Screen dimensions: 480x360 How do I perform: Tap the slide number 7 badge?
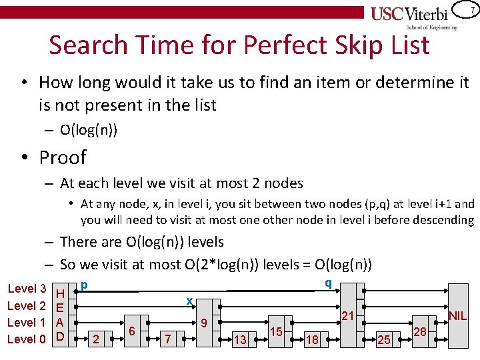pos(471,11)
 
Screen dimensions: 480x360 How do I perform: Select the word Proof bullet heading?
pos(63,157)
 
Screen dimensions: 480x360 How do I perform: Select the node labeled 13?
pos(240,339)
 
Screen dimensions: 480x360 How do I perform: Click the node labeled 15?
pos(277,331)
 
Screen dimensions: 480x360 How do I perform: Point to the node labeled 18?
pos(311,339)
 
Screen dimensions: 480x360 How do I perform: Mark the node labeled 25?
pos(384,339)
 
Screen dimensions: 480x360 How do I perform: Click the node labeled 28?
pos(420,331)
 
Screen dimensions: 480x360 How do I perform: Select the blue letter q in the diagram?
pos(327,283)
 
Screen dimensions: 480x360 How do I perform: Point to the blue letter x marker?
pos(189,301)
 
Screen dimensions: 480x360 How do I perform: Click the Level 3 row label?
pos(26,289)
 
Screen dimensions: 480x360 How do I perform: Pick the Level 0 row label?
pos(26,339)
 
